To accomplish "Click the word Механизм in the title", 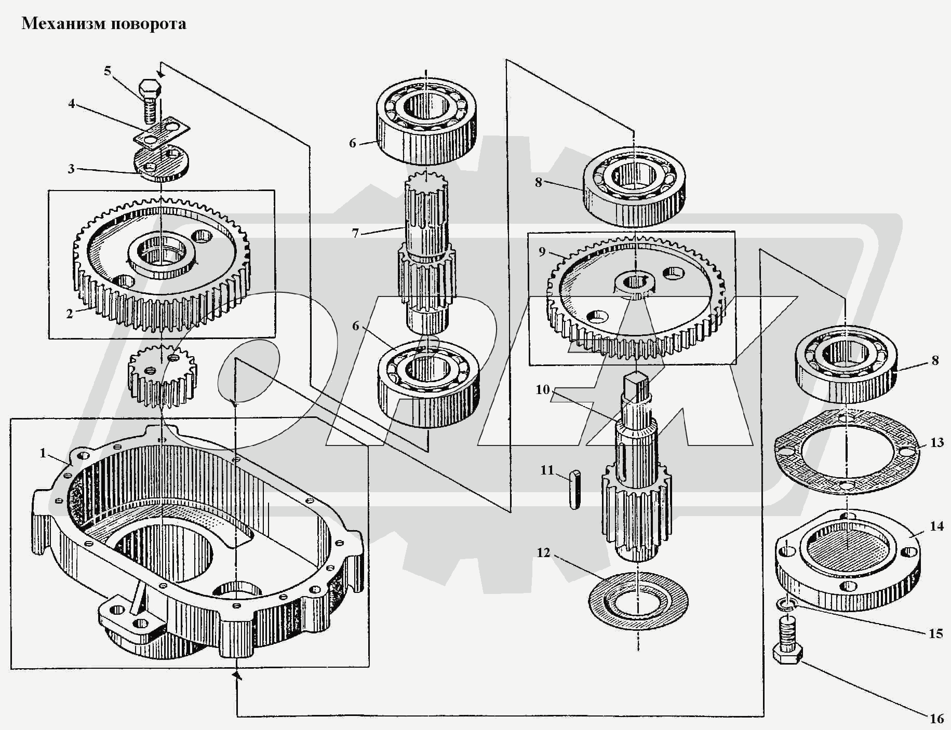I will point(61,24).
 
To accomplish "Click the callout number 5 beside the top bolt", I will point(108,71).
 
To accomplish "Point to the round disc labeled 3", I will point(162,164).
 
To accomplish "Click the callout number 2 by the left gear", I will point(70,314).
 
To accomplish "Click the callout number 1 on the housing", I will point(44,453).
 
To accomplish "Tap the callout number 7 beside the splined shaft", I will point(355,234).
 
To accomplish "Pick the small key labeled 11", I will point(574,490).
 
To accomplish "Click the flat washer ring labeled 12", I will point(638,602).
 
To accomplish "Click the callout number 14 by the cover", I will point(936,526).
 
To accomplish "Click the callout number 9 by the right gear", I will point(542,252).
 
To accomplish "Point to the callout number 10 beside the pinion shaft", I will point(543,389).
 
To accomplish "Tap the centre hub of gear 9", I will point(635,283).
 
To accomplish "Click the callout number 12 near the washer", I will point(543,553).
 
